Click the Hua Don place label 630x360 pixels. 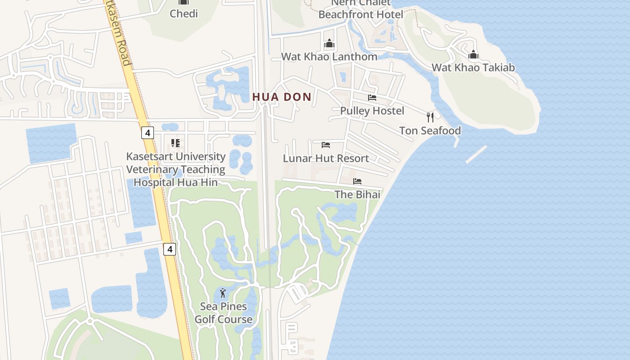282,97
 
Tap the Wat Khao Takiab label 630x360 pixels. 473,67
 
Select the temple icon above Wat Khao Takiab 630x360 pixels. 473,55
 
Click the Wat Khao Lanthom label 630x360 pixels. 329,57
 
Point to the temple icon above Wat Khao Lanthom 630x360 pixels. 329,44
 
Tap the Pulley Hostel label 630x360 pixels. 372,111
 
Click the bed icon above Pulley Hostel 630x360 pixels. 372,97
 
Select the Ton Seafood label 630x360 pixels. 430,130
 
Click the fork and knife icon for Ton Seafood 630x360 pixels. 430,117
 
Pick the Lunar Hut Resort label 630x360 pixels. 326,158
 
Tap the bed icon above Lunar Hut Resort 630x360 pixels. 326,145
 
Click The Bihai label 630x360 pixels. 357,194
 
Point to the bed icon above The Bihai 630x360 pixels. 357,181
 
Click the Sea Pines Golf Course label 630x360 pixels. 223,313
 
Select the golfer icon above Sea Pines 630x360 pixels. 223,293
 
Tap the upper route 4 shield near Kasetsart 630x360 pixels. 148,133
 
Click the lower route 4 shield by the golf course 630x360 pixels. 169,249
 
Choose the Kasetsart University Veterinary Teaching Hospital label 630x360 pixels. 175,169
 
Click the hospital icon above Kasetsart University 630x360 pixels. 175,143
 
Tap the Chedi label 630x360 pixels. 184,13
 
